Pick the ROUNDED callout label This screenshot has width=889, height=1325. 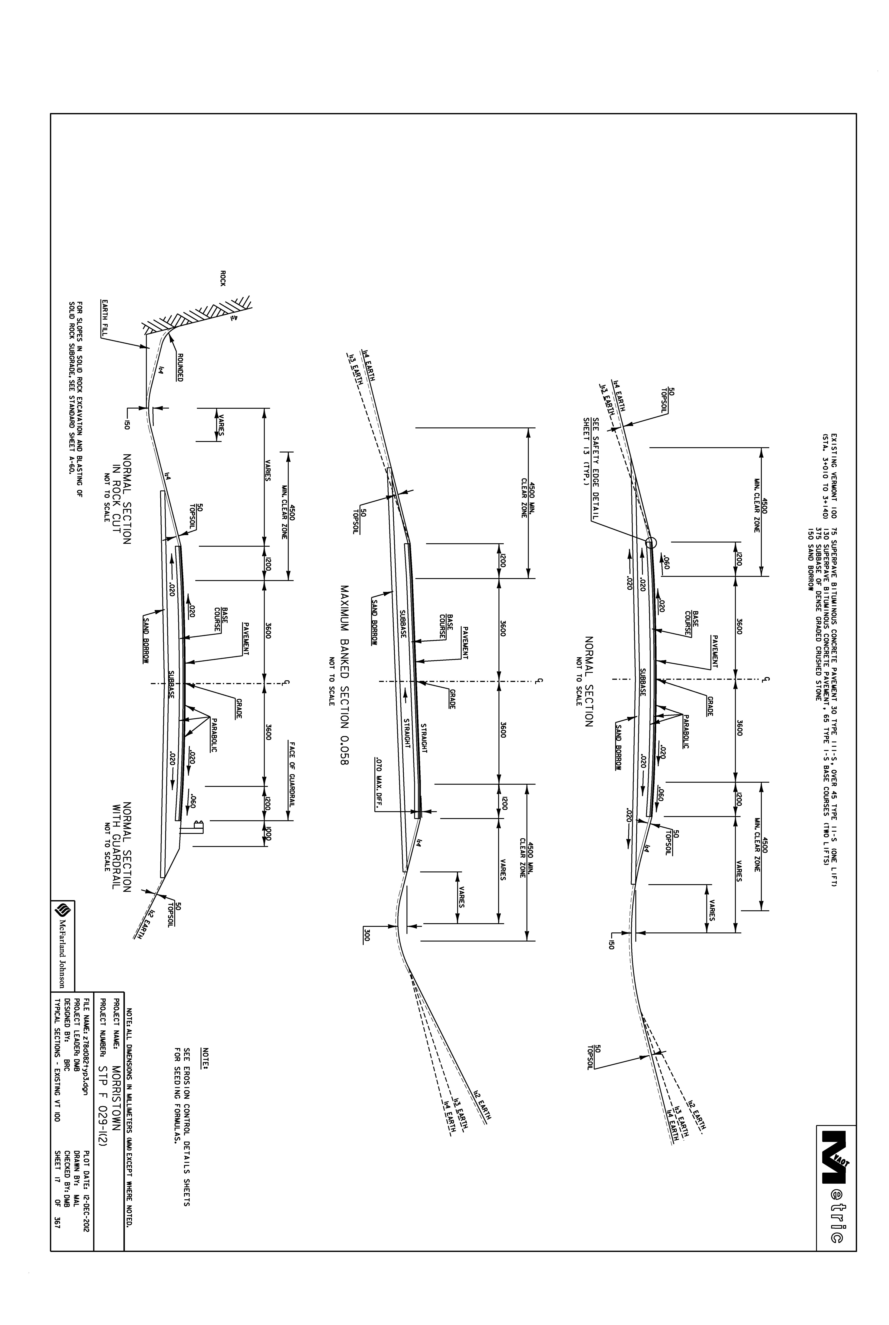coord(180,368)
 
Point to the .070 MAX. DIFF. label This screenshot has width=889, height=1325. coord(378,784)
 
